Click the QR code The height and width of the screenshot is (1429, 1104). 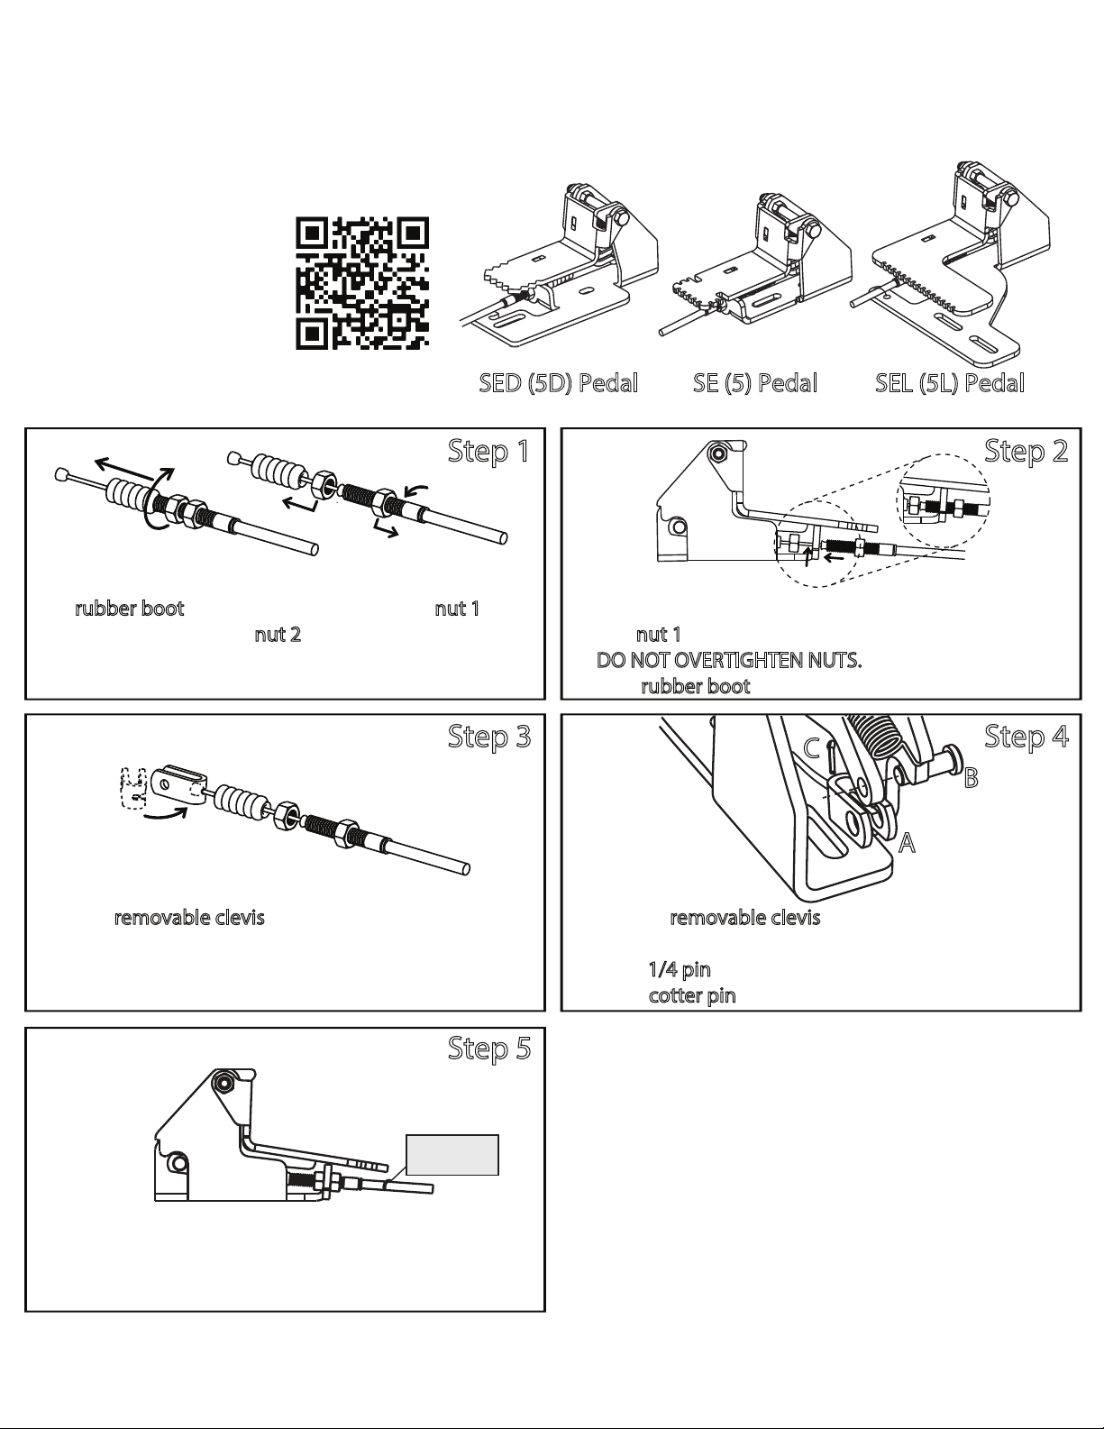tap(362, 283)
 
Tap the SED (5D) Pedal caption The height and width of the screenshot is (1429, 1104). tap(558, 383)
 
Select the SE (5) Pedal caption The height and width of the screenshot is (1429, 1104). tap(755, 383)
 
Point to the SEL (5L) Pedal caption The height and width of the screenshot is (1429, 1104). tap(950, 383)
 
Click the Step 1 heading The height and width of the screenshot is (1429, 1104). tap(488, 451)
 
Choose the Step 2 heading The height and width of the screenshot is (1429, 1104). tap(1026, 451)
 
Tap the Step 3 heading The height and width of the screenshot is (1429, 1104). tap(488, 737)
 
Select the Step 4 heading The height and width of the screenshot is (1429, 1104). tap(1026, 737)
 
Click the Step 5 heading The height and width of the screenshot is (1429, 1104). tap(488, 1049)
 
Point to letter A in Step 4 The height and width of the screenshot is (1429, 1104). tap(907, 842)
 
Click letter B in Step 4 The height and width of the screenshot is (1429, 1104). tap(972, 778)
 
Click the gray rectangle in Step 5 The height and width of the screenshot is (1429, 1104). tap(452, 1155)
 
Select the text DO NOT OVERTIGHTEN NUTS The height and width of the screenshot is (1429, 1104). tap(729, 660)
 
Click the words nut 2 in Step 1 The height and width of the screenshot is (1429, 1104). tap(278, 635)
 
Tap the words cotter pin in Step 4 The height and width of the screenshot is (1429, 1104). tap(692, 995)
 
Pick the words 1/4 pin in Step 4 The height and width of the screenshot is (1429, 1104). tap(680, 969)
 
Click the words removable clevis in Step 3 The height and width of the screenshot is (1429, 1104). tap(189, 918)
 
